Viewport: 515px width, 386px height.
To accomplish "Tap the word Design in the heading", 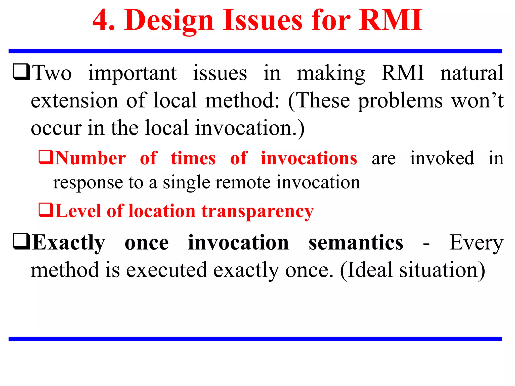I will pos(169,21).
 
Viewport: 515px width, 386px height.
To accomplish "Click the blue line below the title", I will pos(255,51).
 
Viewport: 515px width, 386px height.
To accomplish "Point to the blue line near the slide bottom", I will pos(255,339).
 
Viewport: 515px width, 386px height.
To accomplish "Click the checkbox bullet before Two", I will pos(22,72).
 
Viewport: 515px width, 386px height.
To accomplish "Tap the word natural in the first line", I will pos(471,73).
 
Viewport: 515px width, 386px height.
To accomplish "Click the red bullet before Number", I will pos(46,157).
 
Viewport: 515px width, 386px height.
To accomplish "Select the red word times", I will pos(193,159).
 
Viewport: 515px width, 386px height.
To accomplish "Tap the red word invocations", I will pos(309,159).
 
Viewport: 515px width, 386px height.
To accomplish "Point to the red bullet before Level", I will pos(46,210).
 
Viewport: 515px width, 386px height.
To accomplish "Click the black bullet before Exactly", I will pos(22,242).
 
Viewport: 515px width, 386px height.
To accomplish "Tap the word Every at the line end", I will pos(476,243).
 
